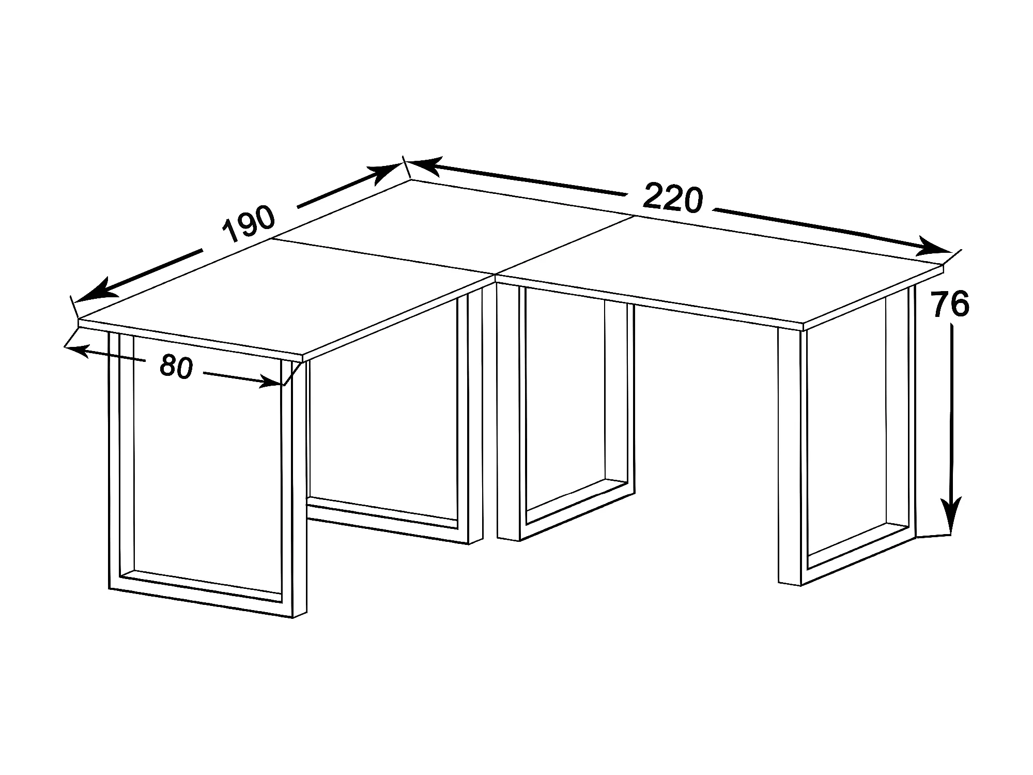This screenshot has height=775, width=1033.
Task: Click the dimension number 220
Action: [673, 198]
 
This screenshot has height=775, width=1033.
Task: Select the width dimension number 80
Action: [176, 367]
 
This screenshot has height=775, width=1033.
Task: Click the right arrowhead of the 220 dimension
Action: [933, 247]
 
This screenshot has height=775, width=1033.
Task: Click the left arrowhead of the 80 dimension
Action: [78, 350]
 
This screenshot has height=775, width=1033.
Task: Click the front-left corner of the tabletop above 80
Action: [79, 321]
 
